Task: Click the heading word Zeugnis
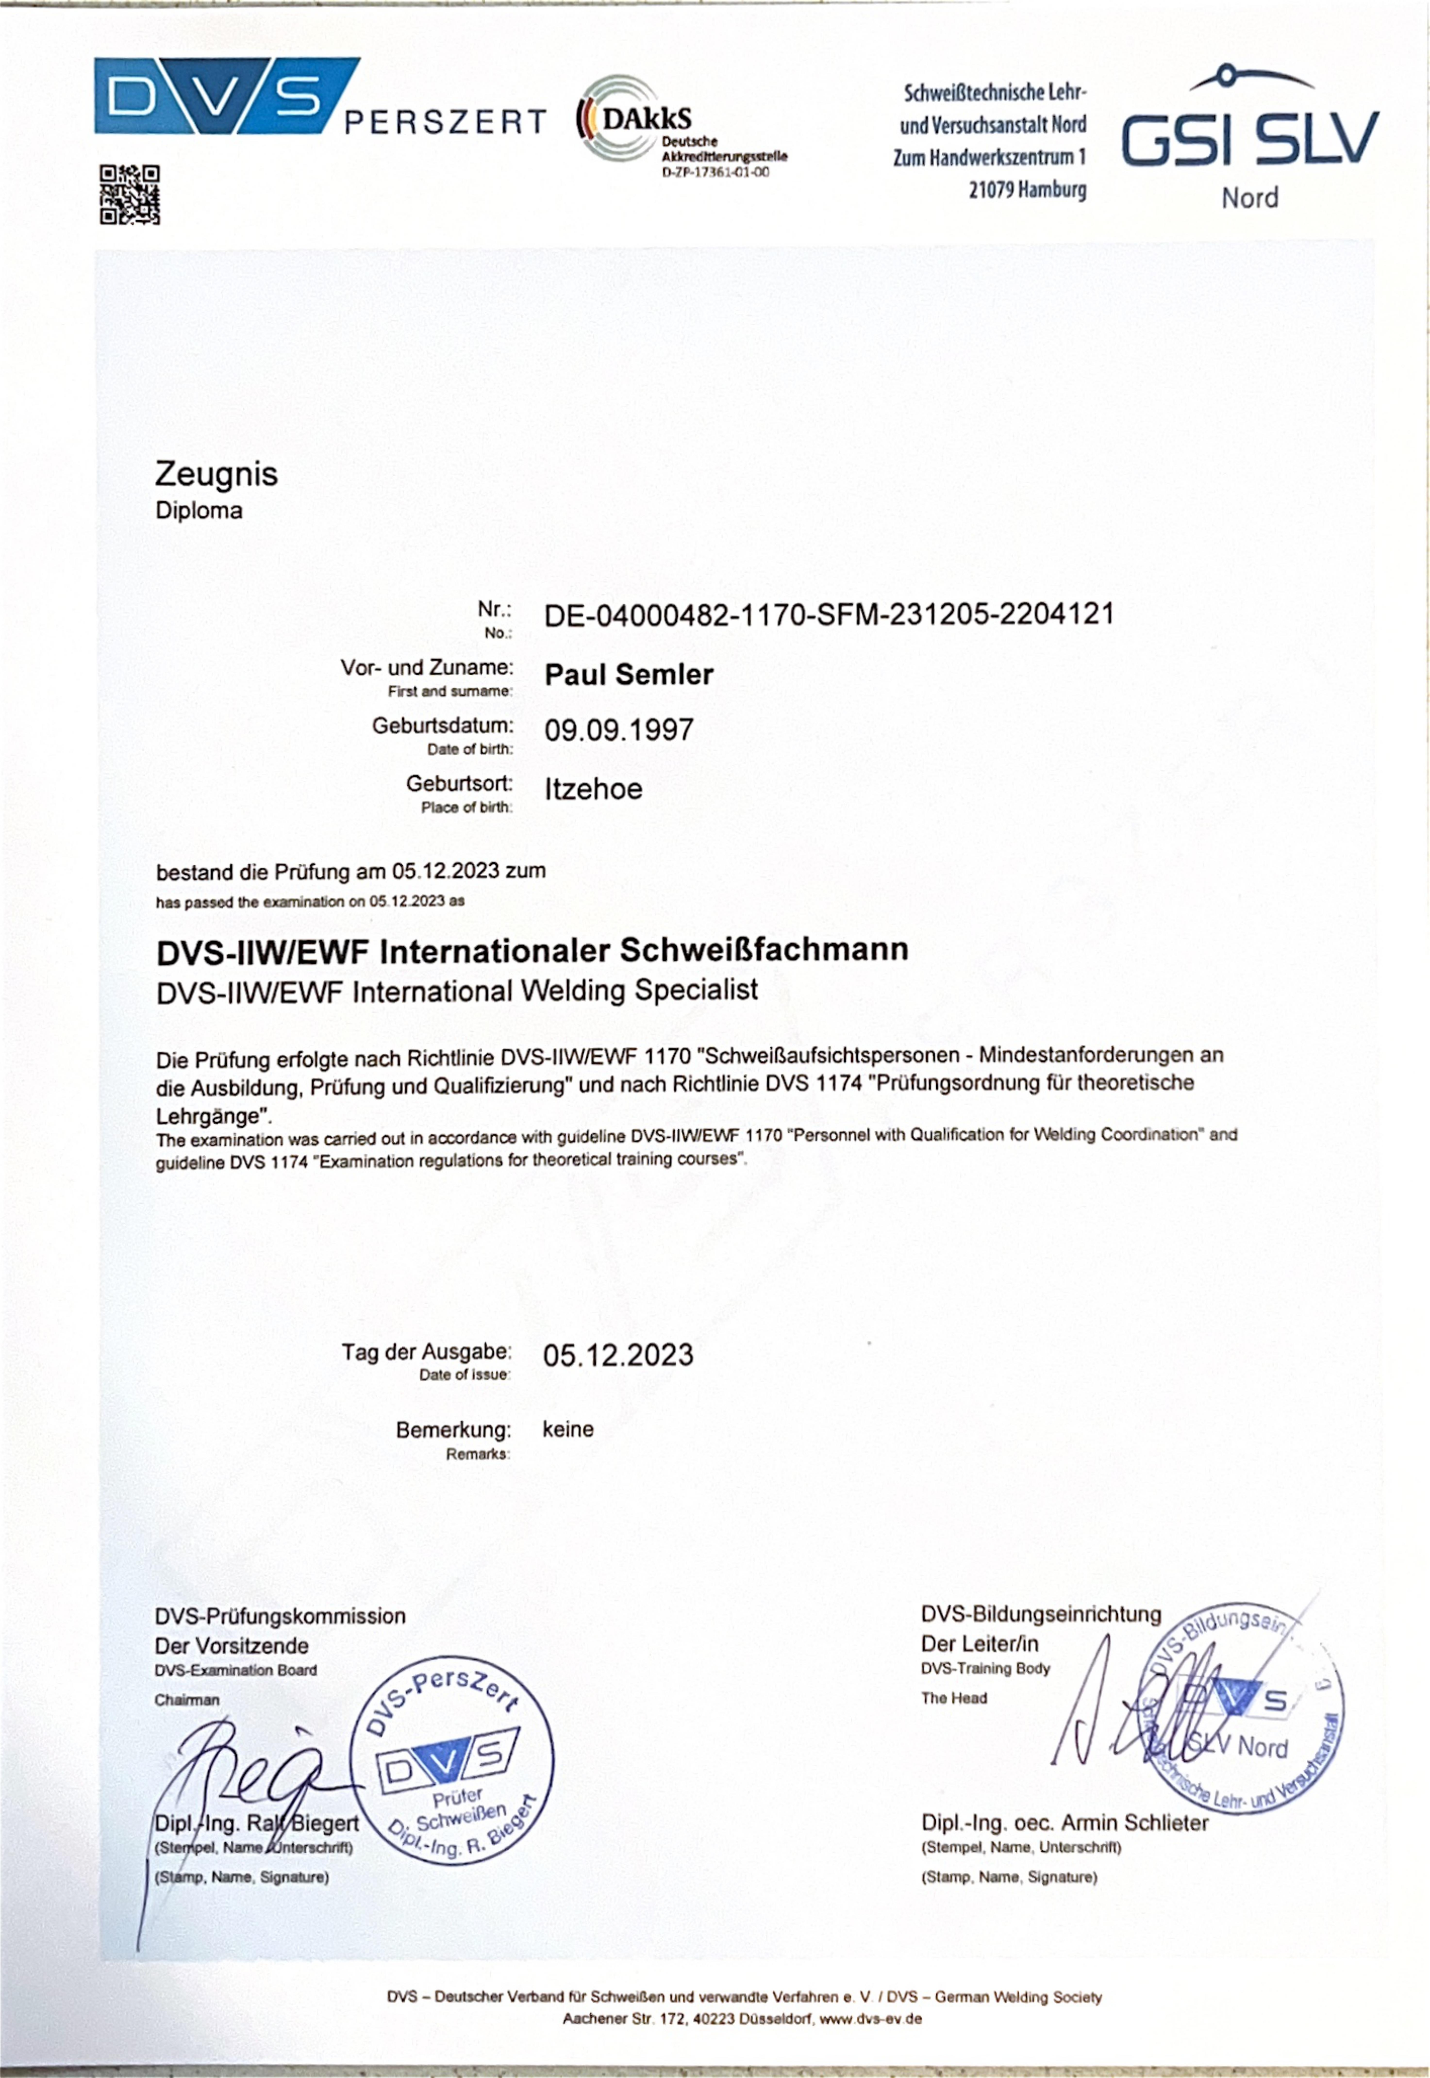(217, 474)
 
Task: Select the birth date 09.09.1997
(619, 730)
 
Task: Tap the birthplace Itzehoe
(593, 789)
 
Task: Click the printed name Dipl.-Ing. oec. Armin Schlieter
(1064, 1823)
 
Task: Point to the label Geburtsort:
(459, 784)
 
